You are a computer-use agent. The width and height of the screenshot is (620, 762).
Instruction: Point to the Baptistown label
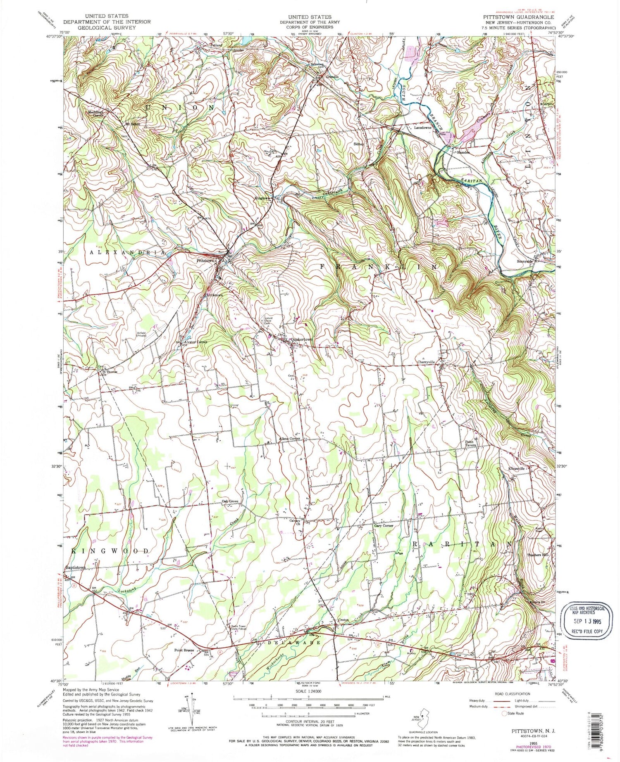[x=75, y=567]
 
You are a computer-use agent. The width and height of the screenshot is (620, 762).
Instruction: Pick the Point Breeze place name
[x=184, y=650]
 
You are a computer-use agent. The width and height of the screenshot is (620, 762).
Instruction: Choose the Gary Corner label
[x=383, y=526]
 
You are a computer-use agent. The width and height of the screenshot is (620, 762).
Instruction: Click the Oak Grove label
[x=230, y=501]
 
